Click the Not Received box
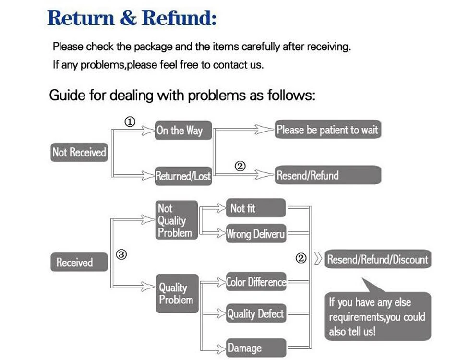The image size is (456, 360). coord(79,152)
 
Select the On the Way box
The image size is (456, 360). coord(183,130)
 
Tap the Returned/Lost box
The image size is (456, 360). coord(183,176)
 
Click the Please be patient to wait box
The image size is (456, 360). coord(328,129)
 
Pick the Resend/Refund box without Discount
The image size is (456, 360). coord(328,175)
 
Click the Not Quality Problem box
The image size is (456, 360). coord(177,220)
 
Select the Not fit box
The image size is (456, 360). coord(256,208)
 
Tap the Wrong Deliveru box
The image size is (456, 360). coord(256,233)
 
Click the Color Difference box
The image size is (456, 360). coord(256,281)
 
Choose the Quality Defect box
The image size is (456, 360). coord(256,313)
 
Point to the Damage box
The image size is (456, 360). coord(256,348)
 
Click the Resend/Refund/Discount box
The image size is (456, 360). coord(378,259)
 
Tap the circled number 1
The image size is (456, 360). coord(130,121)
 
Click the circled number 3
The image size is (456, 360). coord(121,254)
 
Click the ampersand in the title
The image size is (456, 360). coord(128,18)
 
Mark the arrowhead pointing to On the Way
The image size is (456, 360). coord(148,131)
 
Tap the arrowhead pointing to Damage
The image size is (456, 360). coord(221,348)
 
